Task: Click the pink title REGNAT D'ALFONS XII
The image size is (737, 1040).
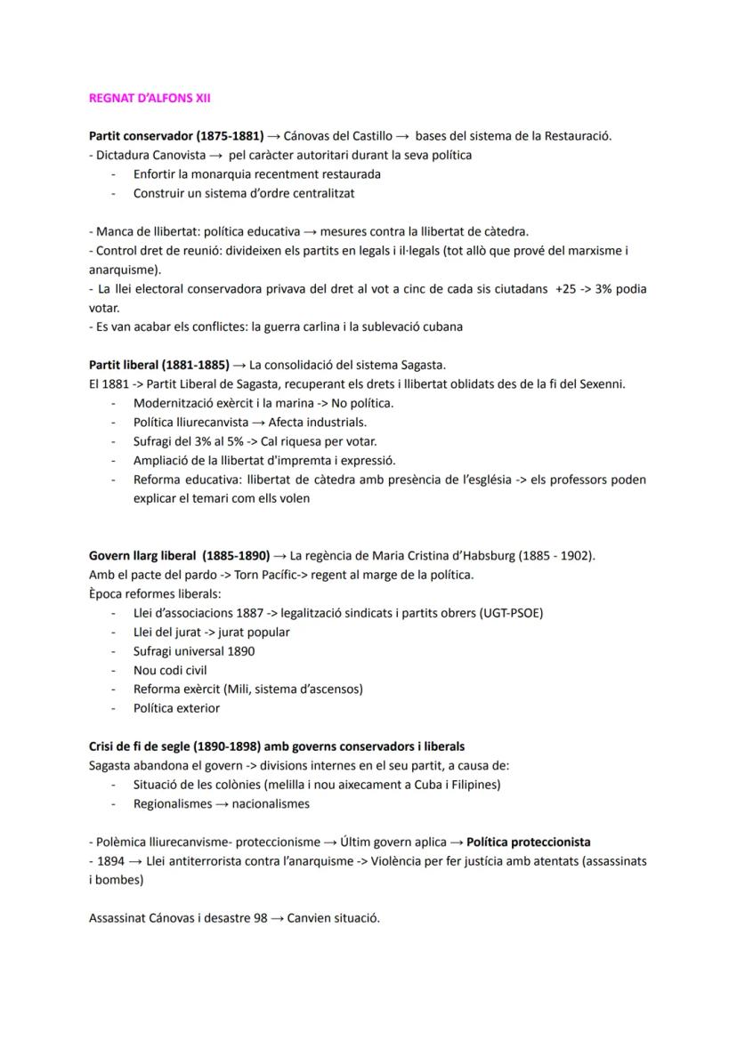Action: pos(150,98)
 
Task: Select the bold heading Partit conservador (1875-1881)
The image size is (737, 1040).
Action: pos(176,136)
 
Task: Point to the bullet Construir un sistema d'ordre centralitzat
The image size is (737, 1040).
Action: pos(244,192)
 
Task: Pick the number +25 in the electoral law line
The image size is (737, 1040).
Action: pos(564,289)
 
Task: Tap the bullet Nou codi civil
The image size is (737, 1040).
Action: pos(170,670)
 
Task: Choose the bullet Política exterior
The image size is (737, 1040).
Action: pos(176,708)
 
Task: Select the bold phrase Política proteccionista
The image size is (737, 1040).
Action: pos(528,842)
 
